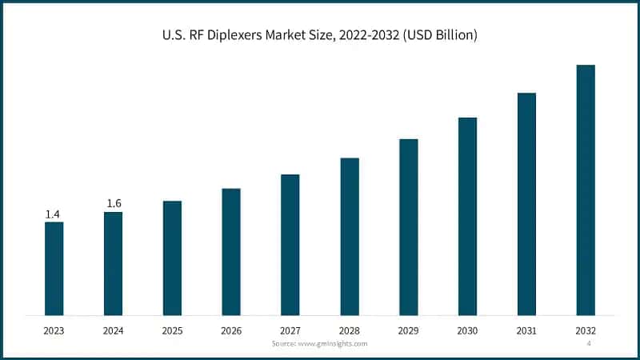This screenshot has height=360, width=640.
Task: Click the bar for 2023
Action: tap(54, 268)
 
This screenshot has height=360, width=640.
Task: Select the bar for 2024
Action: tap(113, 263)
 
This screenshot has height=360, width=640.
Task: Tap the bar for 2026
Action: tap(231, 251)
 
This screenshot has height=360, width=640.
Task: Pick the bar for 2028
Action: tap(350, 236)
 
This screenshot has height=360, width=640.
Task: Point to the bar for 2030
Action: tap(467, 216)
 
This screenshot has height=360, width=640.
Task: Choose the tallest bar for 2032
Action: tap(586, 190)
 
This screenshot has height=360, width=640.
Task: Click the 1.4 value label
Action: tap(53, 214)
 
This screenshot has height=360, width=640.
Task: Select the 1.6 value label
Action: tap(114, 204)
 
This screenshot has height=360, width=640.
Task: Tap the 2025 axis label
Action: tap(172, 330)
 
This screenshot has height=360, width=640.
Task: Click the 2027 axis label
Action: tap(290, 330)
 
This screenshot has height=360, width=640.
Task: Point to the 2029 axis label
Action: tap(409, 330)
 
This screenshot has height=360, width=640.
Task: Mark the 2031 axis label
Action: tap(526, 330)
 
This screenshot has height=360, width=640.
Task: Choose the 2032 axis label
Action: tap(586, 330)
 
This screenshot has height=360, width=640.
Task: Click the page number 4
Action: tap(589, 343)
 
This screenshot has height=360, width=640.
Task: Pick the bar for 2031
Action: tap(526, 204)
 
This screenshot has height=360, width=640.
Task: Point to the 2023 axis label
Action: tap(54, 330)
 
